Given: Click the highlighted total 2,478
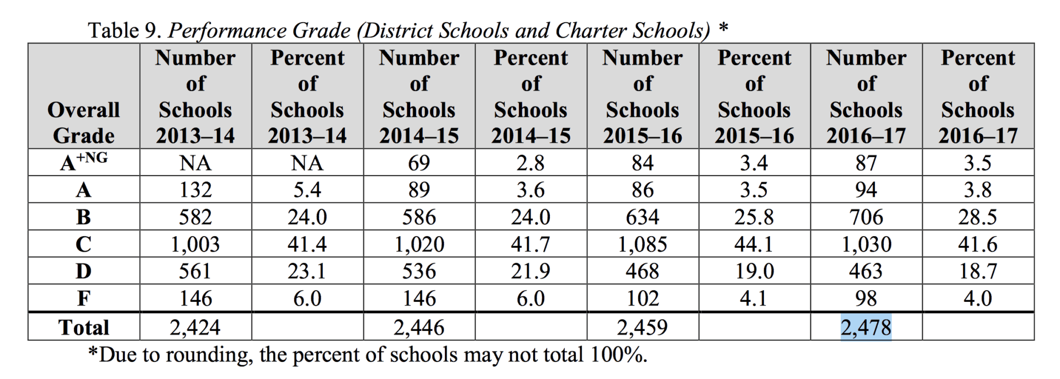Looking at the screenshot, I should [x=866, y=328].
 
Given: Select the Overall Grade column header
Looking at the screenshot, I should [x=83, y=122].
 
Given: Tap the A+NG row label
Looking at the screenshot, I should [x=83, y=162].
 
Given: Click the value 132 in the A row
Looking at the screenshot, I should [x=195, y=190].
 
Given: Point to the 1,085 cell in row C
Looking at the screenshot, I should [x=642, y=244].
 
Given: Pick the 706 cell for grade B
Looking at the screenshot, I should [x=866, y=217].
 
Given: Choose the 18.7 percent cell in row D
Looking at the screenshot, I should [x=977, y=271].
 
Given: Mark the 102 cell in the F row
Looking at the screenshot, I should [x=642, y=298].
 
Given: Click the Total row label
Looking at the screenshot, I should [x=83, y=328].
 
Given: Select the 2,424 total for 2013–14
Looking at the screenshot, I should [x=195, y=328].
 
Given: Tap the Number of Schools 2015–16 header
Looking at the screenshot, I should [x=642, y=97].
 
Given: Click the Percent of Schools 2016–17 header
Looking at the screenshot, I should [x=977, y=97].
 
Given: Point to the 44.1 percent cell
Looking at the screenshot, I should [x=754, y=244].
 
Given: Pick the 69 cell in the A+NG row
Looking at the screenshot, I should [x=418, y=163].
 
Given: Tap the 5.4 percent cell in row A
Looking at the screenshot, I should [x=307, y=190].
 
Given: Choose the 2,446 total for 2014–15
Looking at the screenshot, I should [x=418, y=328].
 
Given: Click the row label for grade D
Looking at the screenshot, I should [x=83, y=271].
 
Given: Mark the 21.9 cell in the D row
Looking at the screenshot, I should [x=530, y=271].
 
